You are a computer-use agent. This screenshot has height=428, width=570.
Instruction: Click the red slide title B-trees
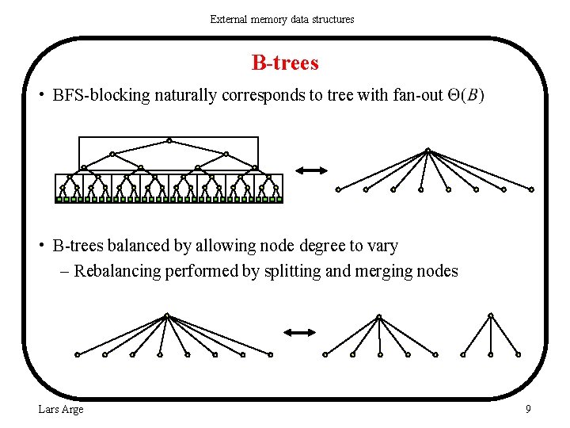pyautogui.click(x=285, y=62)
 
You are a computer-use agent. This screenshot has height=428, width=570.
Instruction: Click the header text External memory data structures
pyautogui.click(x=282, y=19)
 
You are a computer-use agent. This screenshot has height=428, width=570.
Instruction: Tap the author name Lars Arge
pyautogui.click(x=60, y=409)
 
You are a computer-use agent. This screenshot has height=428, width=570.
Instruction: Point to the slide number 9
pyautogui.click(x=528, y=409)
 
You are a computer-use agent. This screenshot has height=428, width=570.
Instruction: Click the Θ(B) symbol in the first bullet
pyautogui.click(x=466, y=96)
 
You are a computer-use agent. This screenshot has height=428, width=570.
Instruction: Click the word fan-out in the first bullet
pyautogui.click(x=416, y=96)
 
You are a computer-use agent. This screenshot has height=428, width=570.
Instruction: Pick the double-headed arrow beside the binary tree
pyautogui.click(x=311, y=170)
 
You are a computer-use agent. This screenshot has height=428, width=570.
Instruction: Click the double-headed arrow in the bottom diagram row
pyautogui.click(x=300, y=333)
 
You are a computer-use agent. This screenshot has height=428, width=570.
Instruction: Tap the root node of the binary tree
pyautogui.click(x=169, y=140)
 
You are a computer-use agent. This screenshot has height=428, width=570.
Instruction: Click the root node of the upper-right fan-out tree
pyautogui.click(x=427, y=150)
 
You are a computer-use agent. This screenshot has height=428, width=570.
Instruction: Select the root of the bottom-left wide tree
pyautogui.click(x=166, y=315)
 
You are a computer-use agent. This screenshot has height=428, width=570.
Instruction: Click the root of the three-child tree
pyautogui.click(x=491, y=315)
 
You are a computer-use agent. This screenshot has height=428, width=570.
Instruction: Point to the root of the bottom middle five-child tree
pyautogui.click(x=378, y=316)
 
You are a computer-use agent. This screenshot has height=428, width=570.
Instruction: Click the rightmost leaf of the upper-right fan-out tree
pyautogui.click(x=531, y=189)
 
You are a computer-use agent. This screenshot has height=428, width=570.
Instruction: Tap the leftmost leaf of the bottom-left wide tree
pyautogui.click(x=77, y=355)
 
